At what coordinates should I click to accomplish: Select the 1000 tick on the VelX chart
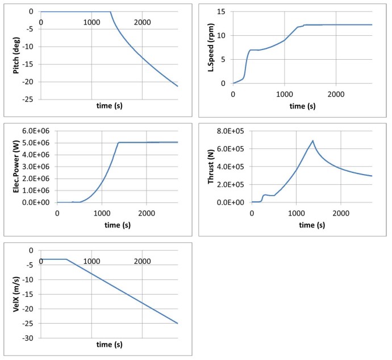(x=91, y=261)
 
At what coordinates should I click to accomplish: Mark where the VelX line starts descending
(x=66, y=259)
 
